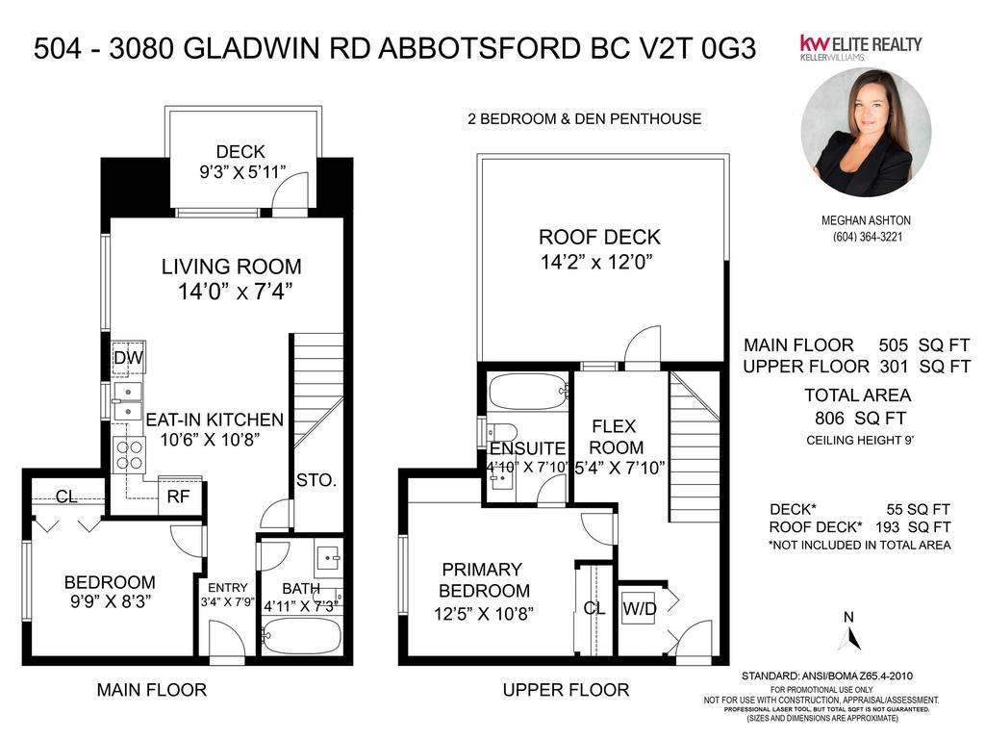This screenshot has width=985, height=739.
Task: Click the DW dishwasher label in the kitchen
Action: point(128,359)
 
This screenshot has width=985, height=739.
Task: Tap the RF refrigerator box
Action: point(178,497)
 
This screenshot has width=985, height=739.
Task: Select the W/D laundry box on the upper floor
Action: point(639,607)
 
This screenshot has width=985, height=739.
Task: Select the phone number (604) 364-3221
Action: point(866,238)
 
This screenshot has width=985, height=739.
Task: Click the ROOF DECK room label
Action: point(599,238)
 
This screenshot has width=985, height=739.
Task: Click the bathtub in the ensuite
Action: point(527,392)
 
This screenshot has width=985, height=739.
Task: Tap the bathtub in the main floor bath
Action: point(301,636)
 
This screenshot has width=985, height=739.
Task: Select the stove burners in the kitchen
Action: point(129,453)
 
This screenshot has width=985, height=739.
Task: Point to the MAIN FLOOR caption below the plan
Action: point(152,689)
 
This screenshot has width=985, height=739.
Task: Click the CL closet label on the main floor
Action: point(66,497)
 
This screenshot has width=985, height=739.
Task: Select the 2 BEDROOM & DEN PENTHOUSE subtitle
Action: point(584,119)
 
